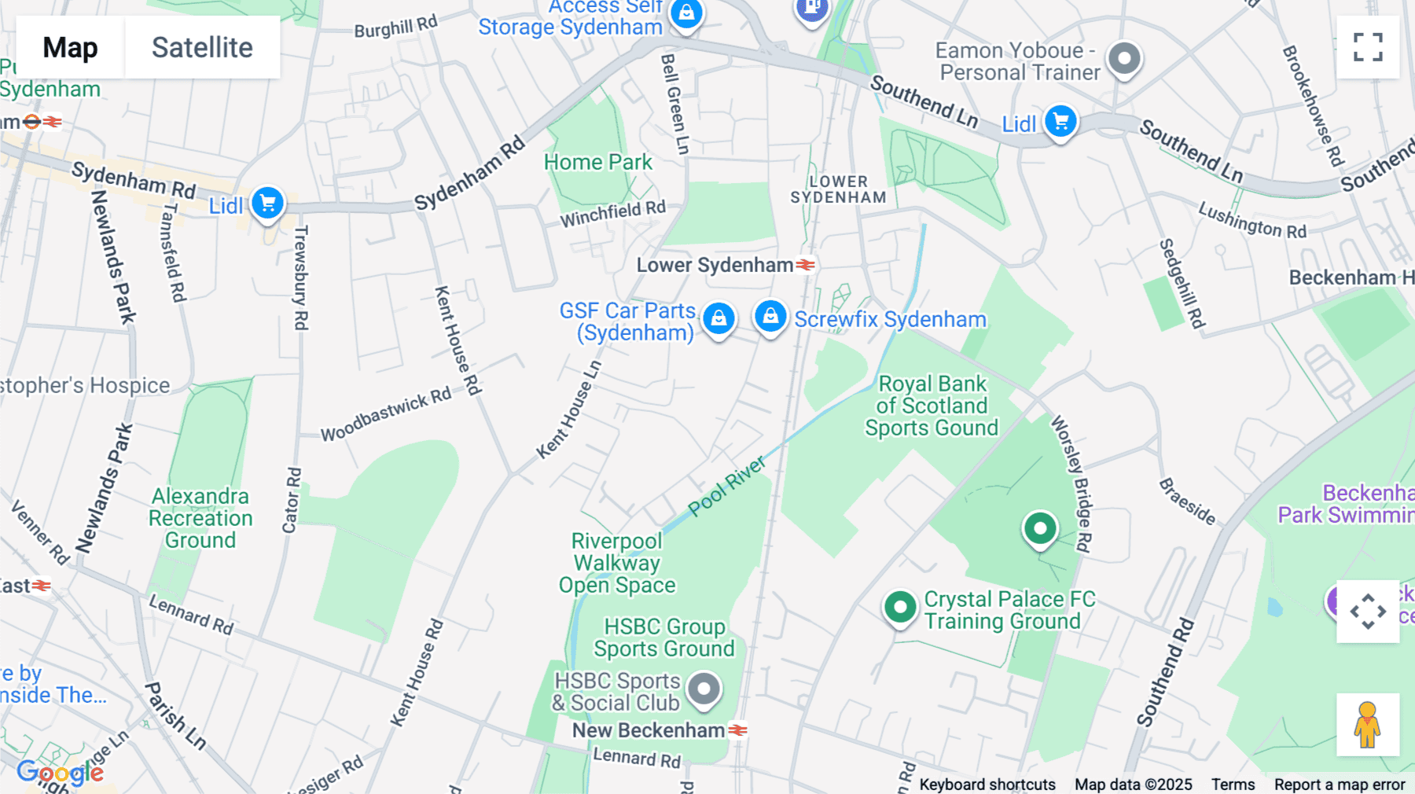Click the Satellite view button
click(x=202, y=48)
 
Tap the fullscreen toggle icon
click(x=1368, y=47)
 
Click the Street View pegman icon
click(x=1368, y=724)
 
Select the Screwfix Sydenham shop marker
click(x=770, y=316)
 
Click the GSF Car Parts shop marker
click(x=719, y=318)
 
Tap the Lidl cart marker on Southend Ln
click(x=1060, y=122)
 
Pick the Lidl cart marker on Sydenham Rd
click(x=267, y=204)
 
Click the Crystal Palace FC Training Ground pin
click(x=900, y=608)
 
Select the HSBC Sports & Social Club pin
click(x=704, y=689)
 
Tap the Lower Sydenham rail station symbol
click(x=805, y=265)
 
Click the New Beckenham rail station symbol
click(x=737, y=730)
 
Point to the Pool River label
click(x=727, y=486)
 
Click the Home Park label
click(x=597, y=162)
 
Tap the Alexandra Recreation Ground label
click(x=200, y=518)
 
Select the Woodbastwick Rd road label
click(x=386, y=414)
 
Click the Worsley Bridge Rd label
click(x=1072, y=483)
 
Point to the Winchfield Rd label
click(x=612, y=213)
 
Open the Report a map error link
click(x=1340, y=785)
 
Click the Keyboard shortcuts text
click(x=987, y=785)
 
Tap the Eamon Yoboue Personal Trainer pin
click(x=1124, y=58)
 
